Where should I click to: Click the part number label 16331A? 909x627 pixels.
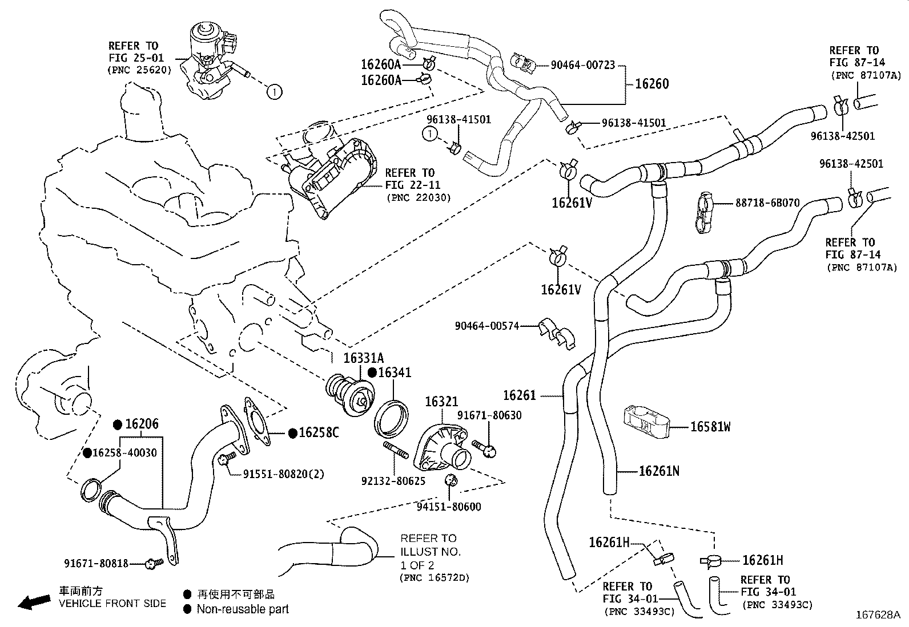coord(363,358)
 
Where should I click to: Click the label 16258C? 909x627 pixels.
coord(319,433)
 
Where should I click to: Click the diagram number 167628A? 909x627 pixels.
coord(877,615)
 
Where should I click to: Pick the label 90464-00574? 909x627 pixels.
coord(487,326)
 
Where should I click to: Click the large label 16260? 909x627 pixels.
coord(652,84)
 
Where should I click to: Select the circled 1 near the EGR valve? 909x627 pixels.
coord(274,91)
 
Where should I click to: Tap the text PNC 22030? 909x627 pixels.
coord(419,197)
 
